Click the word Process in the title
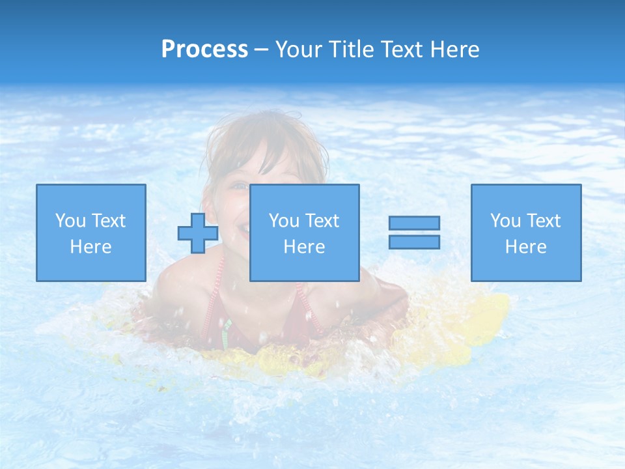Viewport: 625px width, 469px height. [204, 50]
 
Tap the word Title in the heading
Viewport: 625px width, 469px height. [349, 50]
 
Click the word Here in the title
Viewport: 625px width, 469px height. [454, 50]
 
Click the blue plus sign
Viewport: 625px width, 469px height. [198, 233]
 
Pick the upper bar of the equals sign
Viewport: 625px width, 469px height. [414, 223]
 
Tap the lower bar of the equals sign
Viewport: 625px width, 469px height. [414, 242]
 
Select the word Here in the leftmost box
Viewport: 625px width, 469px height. [90, 247]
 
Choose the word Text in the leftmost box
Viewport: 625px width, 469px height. [108, 221]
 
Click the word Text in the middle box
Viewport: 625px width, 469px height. [322, 221]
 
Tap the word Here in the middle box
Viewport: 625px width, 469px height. [304, 247]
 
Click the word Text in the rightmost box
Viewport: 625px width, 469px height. [543, 221]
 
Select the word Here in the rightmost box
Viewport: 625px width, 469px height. [525, 247]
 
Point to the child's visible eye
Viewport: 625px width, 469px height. [239, 187]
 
